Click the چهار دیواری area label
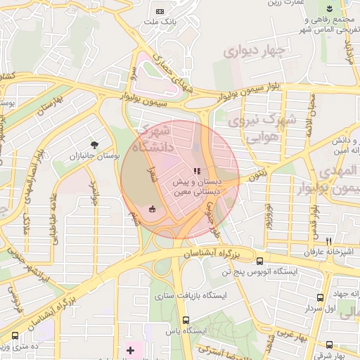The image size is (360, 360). pos(256,51)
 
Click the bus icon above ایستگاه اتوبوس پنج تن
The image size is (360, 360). pos(260,260)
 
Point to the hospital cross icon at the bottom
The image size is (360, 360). pos(130,350)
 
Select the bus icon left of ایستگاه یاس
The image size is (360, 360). pos(167,330)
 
